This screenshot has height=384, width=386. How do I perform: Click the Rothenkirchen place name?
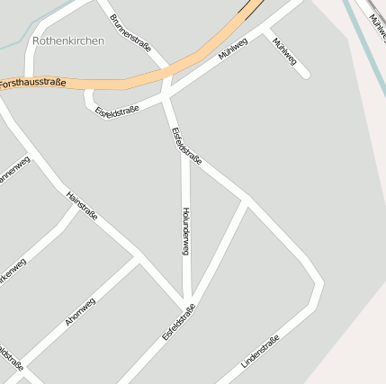[x=68, y=40]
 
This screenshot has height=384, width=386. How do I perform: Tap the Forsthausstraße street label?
[x=32, y=83]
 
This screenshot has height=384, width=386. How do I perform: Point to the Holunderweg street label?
[x=185, y=233]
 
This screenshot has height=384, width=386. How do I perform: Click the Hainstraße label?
[x=82, y=207]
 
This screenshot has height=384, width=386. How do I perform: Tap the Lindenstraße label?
[x=260, y=351]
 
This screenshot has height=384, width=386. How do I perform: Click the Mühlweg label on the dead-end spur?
[x=283, y=52]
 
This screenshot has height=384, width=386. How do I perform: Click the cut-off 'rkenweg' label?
[x=13, y=272]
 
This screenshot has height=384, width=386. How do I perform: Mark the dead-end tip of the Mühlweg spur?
[x=305, y=75]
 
